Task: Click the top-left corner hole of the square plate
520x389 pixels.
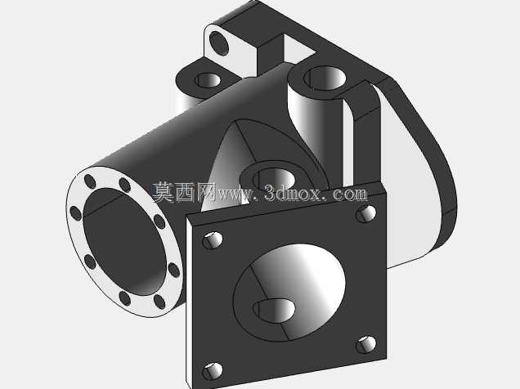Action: [213, 240]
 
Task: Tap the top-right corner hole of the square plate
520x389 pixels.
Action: [365, 214]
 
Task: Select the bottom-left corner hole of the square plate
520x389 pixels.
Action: [213, 371]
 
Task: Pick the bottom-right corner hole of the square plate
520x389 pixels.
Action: [365, 345]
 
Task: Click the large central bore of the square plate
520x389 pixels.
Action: [289, 293]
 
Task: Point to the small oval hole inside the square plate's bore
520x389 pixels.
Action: [274, 311]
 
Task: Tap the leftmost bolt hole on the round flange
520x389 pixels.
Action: [75, 213]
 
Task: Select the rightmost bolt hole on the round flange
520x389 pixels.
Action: [174, 270]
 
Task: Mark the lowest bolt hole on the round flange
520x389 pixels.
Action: [159, 302]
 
